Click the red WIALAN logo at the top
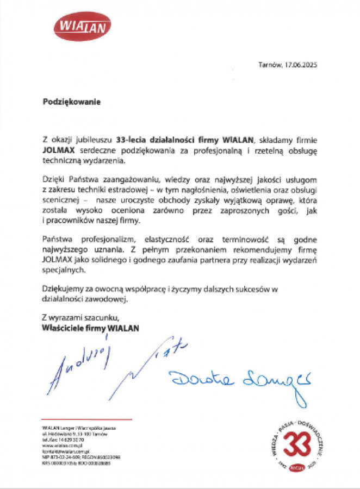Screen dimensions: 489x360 (83, 26)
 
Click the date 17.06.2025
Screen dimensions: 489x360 (300, 65)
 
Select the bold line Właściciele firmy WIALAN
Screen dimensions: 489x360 (90, 328)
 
